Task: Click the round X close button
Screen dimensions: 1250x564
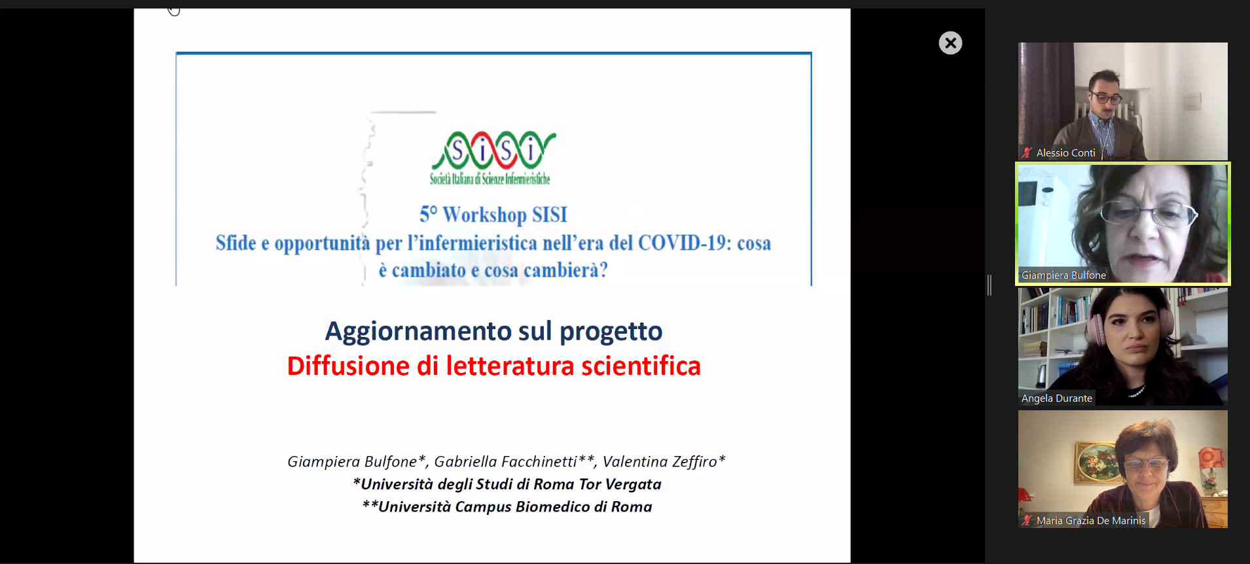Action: pos(950,43)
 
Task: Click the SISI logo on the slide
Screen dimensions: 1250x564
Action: pos(492,158)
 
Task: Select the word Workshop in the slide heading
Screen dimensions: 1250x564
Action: pos(484,215)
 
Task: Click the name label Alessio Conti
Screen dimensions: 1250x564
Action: pos(1065,153)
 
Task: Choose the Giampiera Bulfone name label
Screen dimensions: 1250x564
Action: pos(1063,275)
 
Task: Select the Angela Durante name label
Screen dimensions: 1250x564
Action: pos(1056,398)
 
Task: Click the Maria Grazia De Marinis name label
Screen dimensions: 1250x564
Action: pos(1091,521)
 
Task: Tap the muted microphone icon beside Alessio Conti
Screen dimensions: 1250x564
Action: pos(1027,153)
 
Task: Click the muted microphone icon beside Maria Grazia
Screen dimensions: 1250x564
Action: pos(1027,521)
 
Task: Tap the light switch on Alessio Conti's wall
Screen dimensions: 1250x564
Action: pos(1192,101)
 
